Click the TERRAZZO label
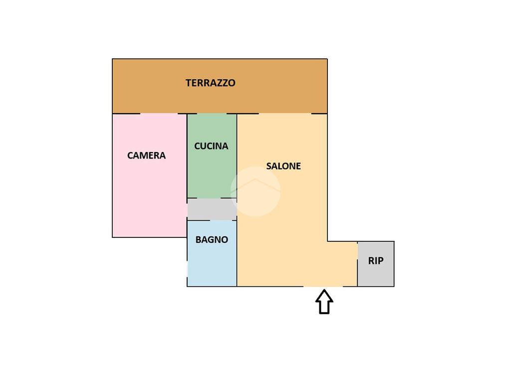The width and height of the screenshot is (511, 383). (x=210, y=83)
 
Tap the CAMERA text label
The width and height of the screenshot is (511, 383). (x=146, y=156)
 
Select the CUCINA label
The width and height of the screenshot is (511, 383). (x=211, y=146)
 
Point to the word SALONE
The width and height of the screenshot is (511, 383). (x=283, y=166)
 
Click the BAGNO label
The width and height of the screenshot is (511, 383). (x=212, y=239)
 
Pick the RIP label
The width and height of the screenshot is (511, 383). (x=376, y=260)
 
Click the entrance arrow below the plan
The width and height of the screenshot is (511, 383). (x=324, y=302)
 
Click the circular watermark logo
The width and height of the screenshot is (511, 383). (x=255, y=191)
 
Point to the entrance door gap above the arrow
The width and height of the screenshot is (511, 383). (x=323, y=286)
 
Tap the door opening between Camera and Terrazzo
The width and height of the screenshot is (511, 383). (x=159, y=114)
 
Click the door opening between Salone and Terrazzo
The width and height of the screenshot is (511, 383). (x=285, y=114)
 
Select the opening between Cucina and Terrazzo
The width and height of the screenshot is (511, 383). (x=211, y=114)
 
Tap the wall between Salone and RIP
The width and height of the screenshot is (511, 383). (x=357, y=264)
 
